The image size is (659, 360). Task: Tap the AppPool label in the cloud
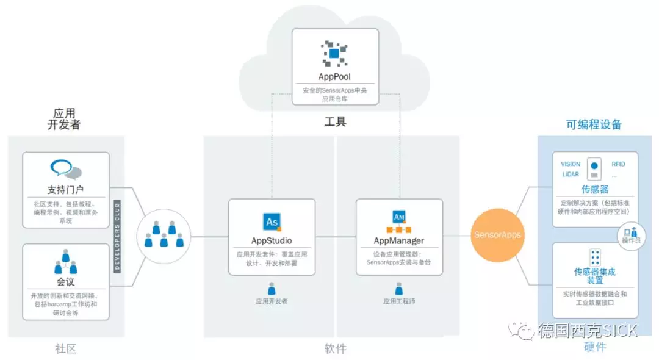tap(334, 77)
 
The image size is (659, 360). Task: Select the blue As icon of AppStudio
tap(272, 221)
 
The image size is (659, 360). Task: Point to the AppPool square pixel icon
tap(334, 54)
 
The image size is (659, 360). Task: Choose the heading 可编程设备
tap(594, 124)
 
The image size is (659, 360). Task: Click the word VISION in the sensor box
tap(571, 164)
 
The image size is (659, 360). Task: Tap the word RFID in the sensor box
tap(618, 164)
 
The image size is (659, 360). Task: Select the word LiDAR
tap(570, 175)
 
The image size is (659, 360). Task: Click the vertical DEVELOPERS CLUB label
tap(117, 235)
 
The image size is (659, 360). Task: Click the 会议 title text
tap(66, 282)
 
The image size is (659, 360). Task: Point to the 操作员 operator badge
tap(631, 235)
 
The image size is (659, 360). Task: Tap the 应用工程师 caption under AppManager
tap(399, 301)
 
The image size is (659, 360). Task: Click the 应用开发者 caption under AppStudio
tap(272, 301)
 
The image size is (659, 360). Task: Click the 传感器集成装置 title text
tap(595, 276)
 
